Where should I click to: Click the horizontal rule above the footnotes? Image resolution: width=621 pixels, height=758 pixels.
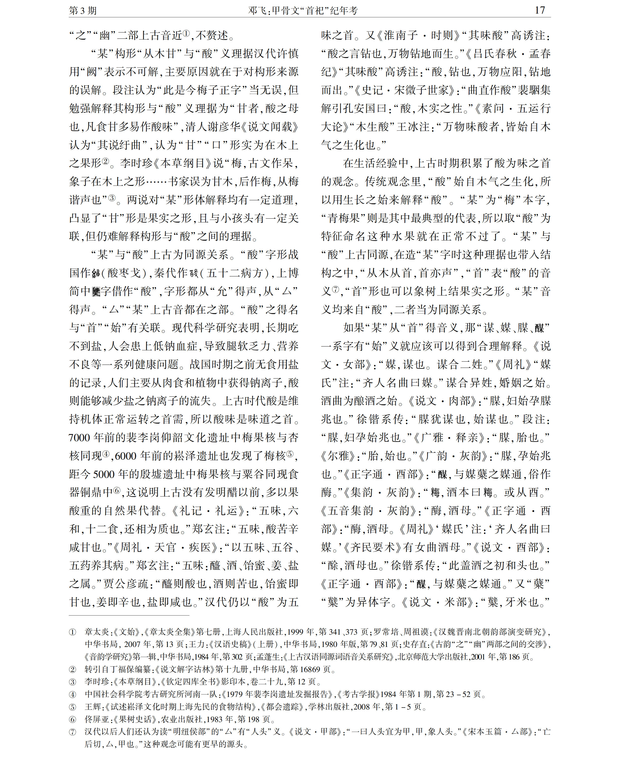[129, 616]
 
